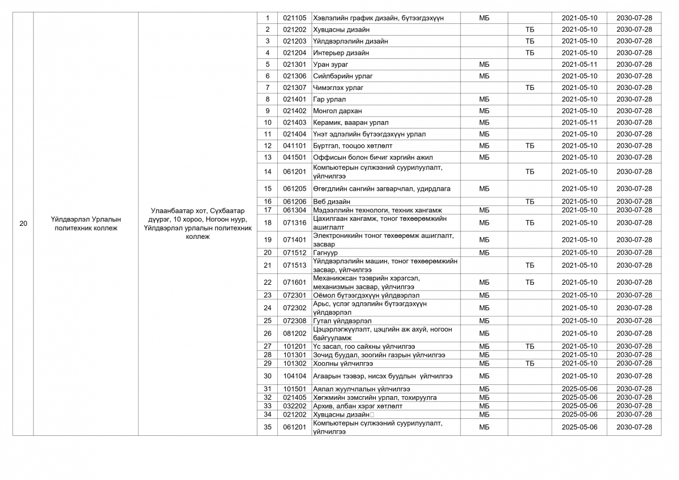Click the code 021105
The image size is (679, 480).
tap(295, 18)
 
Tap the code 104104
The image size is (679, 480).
tap(295, 376)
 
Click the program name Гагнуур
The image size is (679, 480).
tap(325, 252)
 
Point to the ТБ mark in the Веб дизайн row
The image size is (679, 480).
tap(530, 202)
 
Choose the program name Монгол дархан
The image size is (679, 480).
tap(337, 111)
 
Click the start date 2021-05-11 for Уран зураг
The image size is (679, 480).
tap(579, 65)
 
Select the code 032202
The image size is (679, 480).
tap(295, 406)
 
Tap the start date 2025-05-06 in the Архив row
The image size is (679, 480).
tap(579, 406)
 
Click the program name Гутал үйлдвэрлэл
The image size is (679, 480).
tap(342, 321)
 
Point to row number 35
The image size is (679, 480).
tap(268, 427)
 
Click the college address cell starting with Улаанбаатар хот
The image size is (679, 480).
tap(197, 224)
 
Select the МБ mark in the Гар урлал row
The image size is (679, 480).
tap(484, 99)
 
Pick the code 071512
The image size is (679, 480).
tap(295, 252)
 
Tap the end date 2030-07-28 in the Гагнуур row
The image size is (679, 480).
tap(634, 252)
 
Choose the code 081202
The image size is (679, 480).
tap(295, 333)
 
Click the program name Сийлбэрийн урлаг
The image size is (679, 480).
tap(343, 76)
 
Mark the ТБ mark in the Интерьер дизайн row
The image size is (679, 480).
tap(530, 53)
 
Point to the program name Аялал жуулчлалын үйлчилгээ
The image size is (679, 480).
tap(362, 389)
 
